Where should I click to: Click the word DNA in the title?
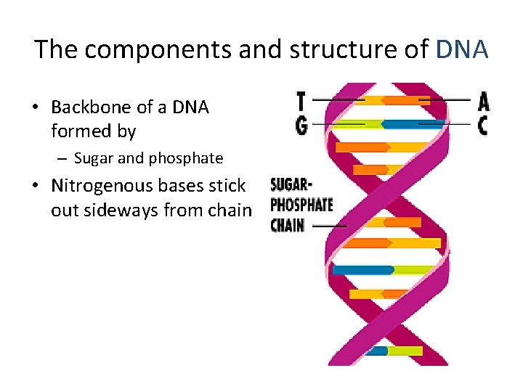click(462, 49)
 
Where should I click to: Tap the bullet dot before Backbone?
click(34, 108)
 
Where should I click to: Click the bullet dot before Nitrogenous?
click(34, 187)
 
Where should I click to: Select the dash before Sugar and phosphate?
click(63, 158)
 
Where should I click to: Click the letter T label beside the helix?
click(301, 100)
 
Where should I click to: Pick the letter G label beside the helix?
click(301, 125)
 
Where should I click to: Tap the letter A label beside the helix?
click(482, 100)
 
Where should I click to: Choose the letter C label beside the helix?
click(482, 125)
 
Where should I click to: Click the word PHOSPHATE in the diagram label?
click(301, 204)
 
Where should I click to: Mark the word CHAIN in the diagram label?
click(288, 225)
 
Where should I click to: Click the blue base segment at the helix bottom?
click(377, 351)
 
